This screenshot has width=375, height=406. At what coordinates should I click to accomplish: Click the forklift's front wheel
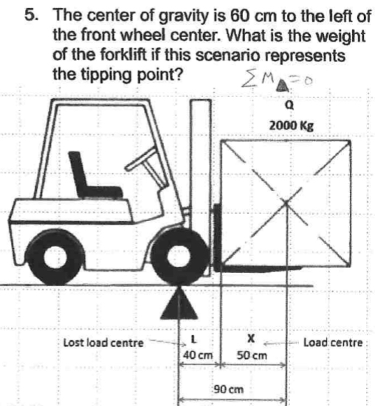point(180,260)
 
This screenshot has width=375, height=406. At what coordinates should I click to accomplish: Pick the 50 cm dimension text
point(251,356)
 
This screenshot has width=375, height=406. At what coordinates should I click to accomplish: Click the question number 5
point(30,16)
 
